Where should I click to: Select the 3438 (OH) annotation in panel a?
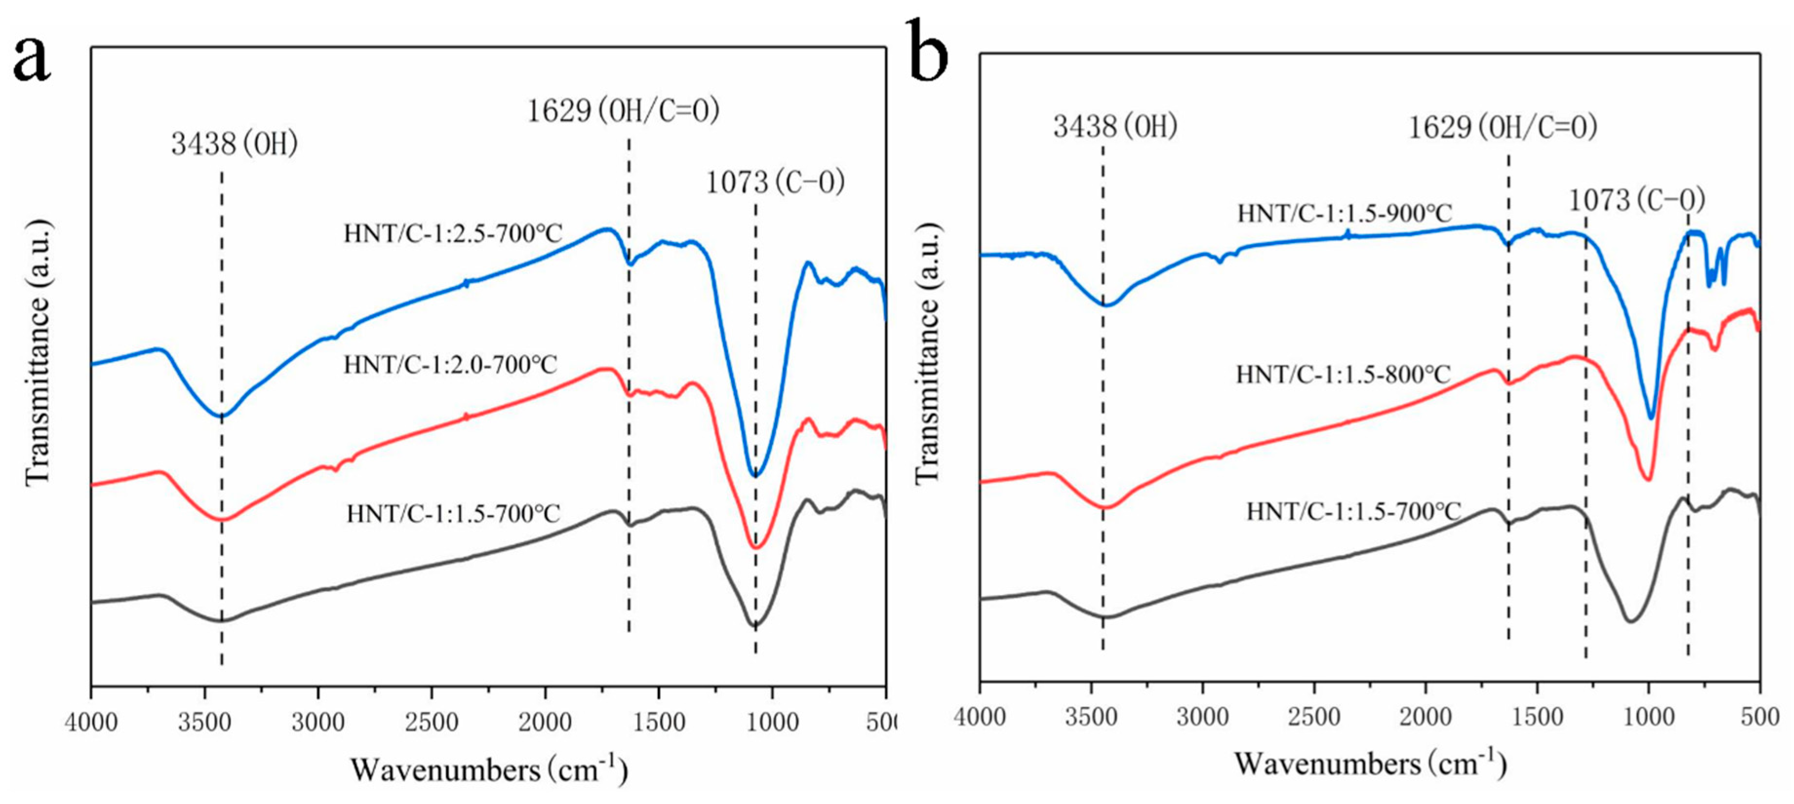(235, 144)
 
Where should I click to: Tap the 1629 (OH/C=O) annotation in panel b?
(1502, 127)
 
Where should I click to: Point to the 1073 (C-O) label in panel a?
(775, 182)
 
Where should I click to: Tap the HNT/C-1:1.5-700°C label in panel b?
(1353, 512)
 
